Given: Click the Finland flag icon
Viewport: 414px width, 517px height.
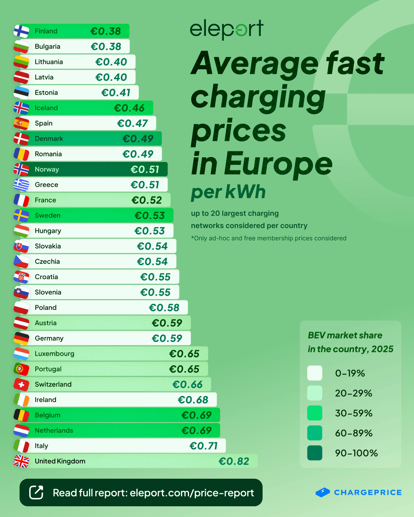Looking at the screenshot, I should pos(21,31).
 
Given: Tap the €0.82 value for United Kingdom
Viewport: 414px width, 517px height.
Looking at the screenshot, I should pos(234,461).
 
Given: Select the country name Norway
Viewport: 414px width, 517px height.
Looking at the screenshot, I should pos(47,169).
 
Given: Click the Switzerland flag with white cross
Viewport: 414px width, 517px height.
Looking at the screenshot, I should pos(21,384).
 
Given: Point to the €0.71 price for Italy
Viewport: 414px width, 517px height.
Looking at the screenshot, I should pos(204,446).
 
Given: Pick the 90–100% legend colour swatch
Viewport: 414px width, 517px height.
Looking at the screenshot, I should pos(315,453).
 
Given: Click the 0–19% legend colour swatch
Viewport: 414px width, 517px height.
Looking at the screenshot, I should pos(315,373).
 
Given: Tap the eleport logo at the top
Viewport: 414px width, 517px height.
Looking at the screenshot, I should pos(227,29).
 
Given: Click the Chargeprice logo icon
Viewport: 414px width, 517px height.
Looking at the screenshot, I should pos(323,492).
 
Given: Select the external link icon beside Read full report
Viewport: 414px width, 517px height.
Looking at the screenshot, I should pos(36,492).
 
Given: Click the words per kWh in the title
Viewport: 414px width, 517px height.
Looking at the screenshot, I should pos(228,192).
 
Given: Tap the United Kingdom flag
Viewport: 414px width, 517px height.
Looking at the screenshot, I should pos(21,461).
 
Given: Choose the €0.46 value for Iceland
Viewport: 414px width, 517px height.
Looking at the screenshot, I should pos(129,108).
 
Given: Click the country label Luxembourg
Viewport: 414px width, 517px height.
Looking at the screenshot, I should pos(54,353).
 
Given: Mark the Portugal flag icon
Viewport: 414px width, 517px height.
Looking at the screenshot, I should pos(21,369).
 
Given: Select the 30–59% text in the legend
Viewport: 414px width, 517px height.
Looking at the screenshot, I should pos(353,413).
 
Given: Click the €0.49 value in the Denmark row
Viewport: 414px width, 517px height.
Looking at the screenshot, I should pos(138,139).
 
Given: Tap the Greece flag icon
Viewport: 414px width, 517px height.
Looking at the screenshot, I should pos(21,185).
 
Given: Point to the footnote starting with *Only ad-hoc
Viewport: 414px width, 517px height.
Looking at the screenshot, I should pos(269,238).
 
